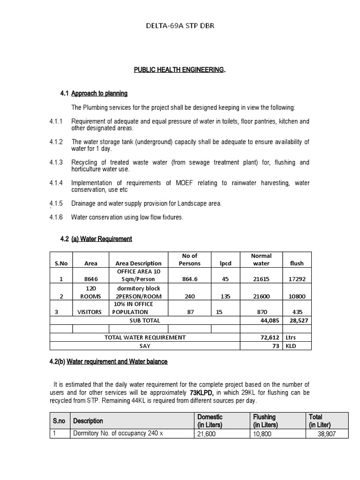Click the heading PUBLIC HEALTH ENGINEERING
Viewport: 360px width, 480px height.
point(180,70)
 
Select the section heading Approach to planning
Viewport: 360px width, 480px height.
point(99,94)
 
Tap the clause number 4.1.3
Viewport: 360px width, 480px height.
point(56,162)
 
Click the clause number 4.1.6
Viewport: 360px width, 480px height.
point(56,217)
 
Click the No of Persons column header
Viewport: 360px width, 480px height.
point(189,259)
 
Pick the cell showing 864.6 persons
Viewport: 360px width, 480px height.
point(189,278)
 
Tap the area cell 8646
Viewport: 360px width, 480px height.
point(91,278)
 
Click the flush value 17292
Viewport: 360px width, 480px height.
point(297,278)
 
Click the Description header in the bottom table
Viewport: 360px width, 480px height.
point(88,421)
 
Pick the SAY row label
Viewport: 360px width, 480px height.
point(144,346)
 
